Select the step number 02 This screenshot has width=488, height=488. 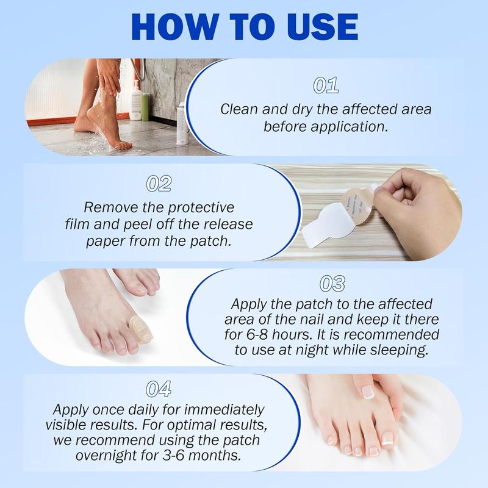159,184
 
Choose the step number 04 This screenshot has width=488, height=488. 159,388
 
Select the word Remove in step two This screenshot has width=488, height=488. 105,207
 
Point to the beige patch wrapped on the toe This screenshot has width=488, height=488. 138,329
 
